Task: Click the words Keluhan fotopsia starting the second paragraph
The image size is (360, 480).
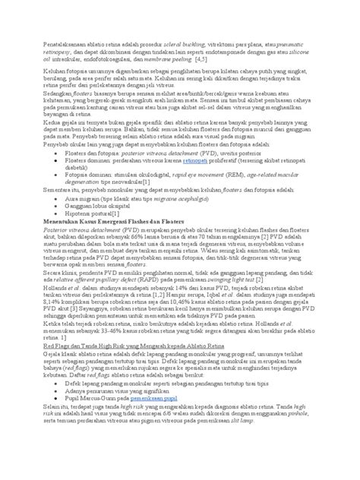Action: pyautogui.click(x=55, y=70)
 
